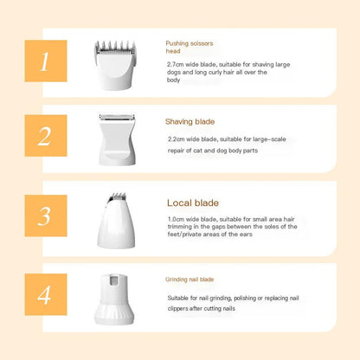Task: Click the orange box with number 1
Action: pos(46,61)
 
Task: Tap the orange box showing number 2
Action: pos(46,136)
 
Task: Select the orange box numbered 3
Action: pos(46,215)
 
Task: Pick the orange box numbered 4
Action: pos(46,294)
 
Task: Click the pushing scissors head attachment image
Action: pos(115,65)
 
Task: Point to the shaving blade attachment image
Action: pos(117,140)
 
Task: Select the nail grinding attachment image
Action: pos(114,299)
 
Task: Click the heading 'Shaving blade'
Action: pos(190,122)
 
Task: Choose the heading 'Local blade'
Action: pos(193,202)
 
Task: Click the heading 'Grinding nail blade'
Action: pos(190,280)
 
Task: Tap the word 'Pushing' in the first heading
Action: pos(177,43)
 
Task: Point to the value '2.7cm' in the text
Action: pos(176,64)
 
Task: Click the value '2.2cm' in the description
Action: pos(176,139)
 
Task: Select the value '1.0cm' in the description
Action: pos(176,219)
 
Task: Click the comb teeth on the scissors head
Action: pos(115,45)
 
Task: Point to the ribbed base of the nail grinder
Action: pos(114,314)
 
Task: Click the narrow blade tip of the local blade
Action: pos(118,196)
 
